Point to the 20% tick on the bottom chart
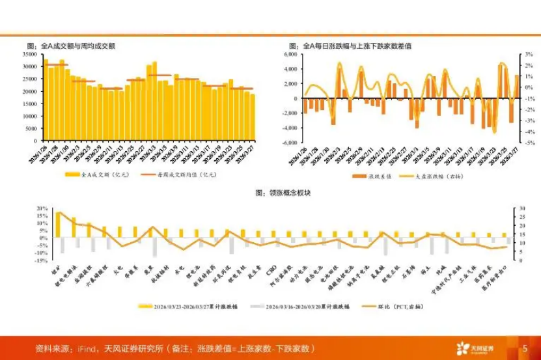(42, 208)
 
